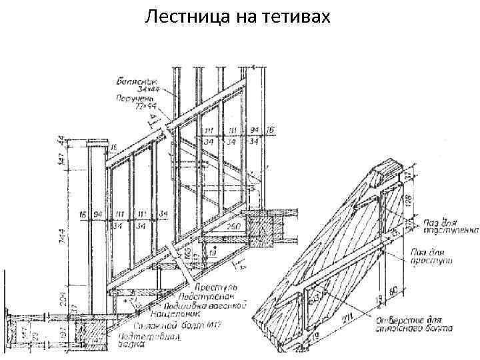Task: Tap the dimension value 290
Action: pos(233,227)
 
